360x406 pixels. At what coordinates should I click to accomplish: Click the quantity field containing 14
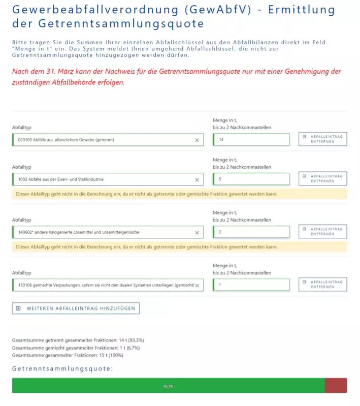tap(251, 140)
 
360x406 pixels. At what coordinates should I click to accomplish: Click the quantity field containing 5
tap(251, 179)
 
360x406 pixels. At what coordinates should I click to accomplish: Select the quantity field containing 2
tap(251, 232)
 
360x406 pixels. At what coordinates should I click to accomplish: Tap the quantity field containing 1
tap(251, 285)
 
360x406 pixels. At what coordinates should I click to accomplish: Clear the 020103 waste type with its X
tap(197, 140)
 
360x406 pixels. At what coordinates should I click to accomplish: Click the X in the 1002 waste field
tap(197, 180)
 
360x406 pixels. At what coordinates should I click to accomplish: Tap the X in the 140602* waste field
tap(197, 233)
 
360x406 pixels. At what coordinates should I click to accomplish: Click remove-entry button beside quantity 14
tap(322, 139)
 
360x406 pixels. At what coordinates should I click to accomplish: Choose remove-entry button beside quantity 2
tap(322, 232)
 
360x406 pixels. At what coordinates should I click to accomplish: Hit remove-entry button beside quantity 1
tap(322, 285)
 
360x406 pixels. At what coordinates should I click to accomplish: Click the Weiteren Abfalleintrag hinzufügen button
tap(76, 308)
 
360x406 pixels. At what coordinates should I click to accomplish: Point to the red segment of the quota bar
tap(336, 386)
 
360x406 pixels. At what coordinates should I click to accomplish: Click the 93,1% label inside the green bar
tap(168, 386)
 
